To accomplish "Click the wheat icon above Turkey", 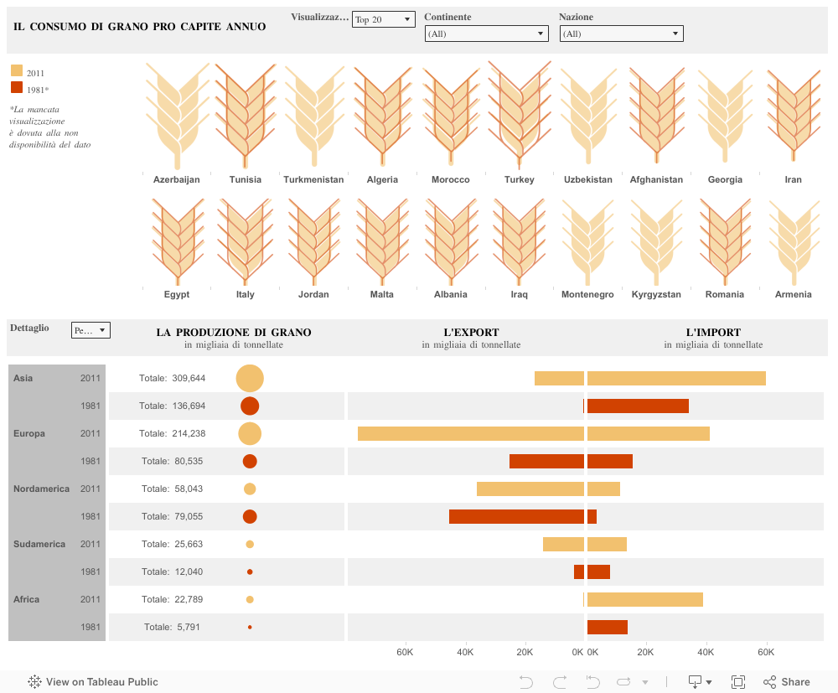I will (x=519, y=113).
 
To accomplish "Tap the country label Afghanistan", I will (x=656, y=179).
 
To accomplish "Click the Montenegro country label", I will (x=587, y=294).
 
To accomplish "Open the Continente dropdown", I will (x=486, y=34).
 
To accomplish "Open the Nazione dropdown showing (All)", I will (x=621, y=34).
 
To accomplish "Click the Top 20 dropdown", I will (x=383, y=19).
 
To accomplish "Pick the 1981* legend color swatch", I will (x=17, y=88).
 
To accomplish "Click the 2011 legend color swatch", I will (x=17, y=72).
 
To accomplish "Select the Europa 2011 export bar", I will (x=470, y=433).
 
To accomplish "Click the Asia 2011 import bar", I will (x=676, y=378).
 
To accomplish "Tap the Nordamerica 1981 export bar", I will (x=516, y=516).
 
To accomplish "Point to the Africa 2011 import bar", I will (x=644, y=599).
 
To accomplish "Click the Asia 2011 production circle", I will (x=250, y=378).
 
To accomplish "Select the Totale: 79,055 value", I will (x=173, y=516).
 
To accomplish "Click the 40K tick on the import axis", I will (x=706, y=652).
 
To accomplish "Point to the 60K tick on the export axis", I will (x=404, y=652).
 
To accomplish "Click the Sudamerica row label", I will (x=39, y=544).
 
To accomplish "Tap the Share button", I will (x=786, y=682).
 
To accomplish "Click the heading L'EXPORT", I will (x=471, y=332).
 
